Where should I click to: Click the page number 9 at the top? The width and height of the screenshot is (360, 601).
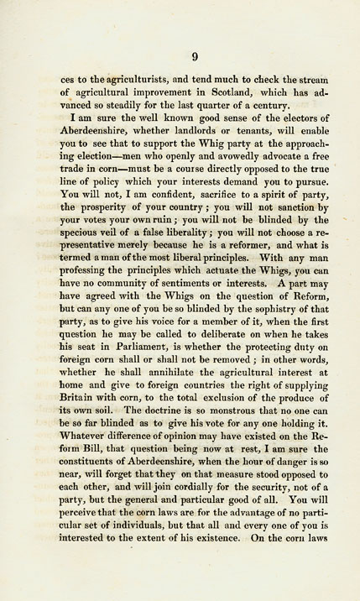pos(194,56)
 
